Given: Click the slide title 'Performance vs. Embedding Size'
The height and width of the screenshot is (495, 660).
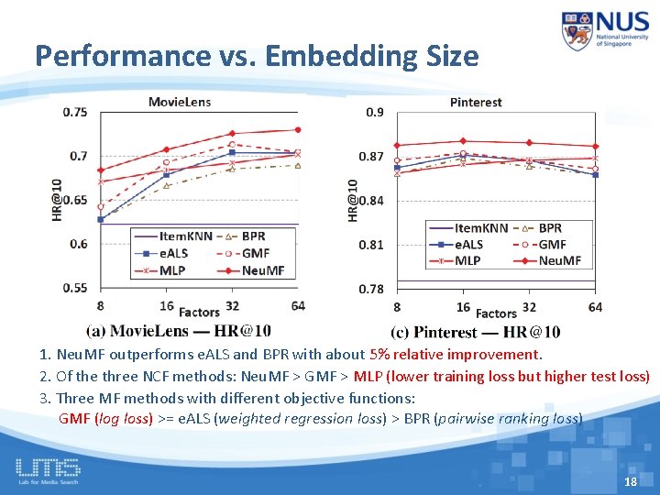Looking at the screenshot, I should click(x=257, y=56).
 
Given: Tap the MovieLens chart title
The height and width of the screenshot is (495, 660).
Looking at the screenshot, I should click(x=180, y=101).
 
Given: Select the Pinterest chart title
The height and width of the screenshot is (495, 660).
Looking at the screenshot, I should click(x=476, y=102).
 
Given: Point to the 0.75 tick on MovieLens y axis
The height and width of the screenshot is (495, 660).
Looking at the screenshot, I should click(x=75, y=113).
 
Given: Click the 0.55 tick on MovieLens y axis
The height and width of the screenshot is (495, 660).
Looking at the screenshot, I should click(x=75, y=288).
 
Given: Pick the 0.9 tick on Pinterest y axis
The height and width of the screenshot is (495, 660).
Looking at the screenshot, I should click(x=375, y=113).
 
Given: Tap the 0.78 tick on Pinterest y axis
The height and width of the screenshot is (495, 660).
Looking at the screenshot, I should click(x=372, y=289).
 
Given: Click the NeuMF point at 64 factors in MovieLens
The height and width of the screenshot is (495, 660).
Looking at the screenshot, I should click(x=298, y=130).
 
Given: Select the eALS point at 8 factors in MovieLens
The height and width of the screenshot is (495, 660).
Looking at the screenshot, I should click(x=100, y=219).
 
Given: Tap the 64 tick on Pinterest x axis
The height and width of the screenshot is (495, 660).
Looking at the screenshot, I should click(x=595, y=307).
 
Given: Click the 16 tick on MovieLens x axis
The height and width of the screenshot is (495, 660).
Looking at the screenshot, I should click(x=166, y=305).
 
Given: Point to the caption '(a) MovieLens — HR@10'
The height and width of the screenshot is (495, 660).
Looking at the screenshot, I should click(x=178, y=331).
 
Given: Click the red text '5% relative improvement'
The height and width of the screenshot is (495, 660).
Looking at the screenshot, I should click(x=456, y=354).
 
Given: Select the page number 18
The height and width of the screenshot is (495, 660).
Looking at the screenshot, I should click(x=630, y=482).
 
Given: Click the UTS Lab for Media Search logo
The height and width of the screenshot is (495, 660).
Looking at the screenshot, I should click(x=48, y=470).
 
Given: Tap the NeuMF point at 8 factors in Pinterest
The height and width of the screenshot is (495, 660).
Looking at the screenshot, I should click(x=397, y=145).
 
